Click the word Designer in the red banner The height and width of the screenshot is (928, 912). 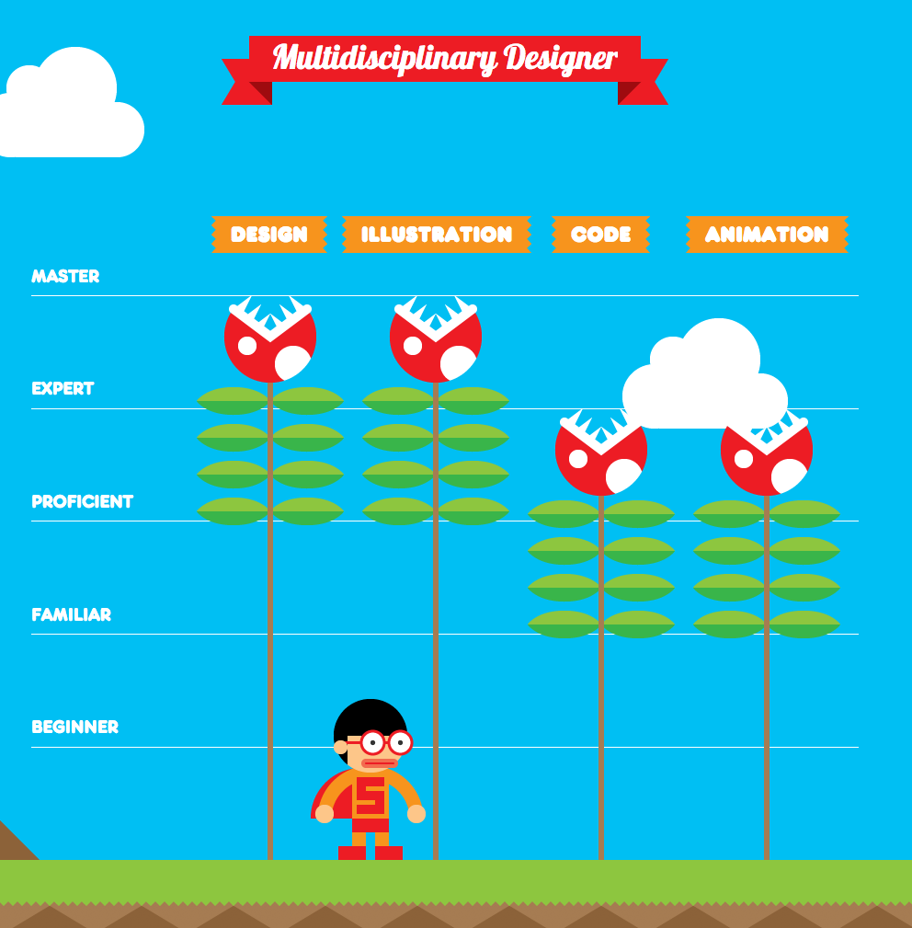pyautogui.click(x=561, y=58)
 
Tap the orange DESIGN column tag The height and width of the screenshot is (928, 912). pyautogui.click(x=269, y=235)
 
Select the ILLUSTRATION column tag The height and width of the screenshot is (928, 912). pyautogui.click(x=437, y=235)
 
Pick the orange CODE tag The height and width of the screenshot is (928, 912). pyautogui.click(x=601, y=235)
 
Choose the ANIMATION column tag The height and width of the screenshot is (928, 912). pyautogui.click(x=767, y=235)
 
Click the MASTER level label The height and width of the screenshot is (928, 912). pyautogui.click(x=65, y=277)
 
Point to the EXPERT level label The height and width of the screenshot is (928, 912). pyautogui.click(x=63, y=389)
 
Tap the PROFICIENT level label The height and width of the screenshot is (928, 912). pyautogui.click(x=82, y=502)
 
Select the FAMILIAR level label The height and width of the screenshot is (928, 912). pyautogui.click(x=71, y=615)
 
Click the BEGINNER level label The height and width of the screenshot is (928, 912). pyautogui.click(x=75, y=727)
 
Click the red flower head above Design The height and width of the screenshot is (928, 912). pyautogui.click(x=270, y=339)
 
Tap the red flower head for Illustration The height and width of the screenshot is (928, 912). pyautogui.click(x=436, y=339)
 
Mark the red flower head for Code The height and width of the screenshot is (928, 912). pyautogui.click(x=601, y=453)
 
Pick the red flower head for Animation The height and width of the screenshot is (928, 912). pyautogui.click(x=767, y=453)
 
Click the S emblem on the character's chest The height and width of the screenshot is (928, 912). pyautogui.click(x=370, y=796)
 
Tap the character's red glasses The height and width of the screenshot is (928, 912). pyautogui.click(x=385, y=742)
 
